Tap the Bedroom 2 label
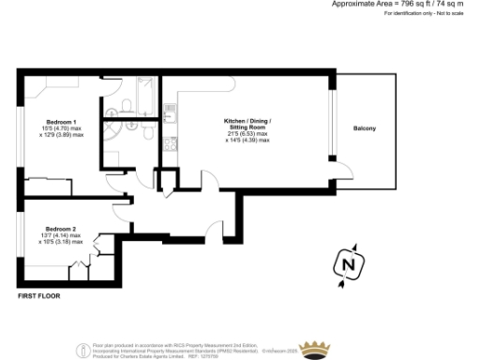tap(60, 228)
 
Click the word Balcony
tap(366, 128)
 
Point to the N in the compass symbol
tap(349, 266)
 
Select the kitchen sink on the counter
tap(170, 112)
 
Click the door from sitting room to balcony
tap(345, 172)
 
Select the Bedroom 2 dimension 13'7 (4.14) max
tap(60, 236)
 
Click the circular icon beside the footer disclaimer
tap(84, 350)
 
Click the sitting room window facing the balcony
tap(330, 116)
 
